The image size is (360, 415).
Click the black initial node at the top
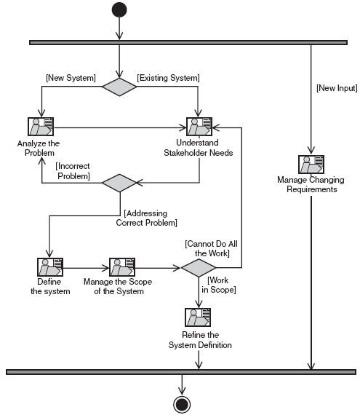[x=119, y=9]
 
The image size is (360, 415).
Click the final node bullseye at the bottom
[x=182, y=404]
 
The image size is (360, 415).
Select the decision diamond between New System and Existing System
[x=119, y=87]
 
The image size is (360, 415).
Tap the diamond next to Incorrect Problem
[x=119, y=183]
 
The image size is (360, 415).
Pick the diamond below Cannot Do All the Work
[x=199, y=268]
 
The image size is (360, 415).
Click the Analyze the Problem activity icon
[x=41, y=127]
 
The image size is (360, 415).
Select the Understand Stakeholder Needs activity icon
[x=199, y=127]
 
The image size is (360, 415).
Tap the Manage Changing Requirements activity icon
[x=311, y=165]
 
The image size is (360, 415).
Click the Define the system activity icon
[x=50, y=267]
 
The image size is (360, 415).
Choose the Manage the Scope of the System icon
[x=122, y=267]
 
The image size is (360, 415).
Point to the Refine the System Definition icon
[x=198, y=317]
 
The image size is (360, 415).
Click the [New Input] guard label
[x=337, y=88]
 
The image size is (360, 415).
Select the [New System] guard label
[x=71, y=78]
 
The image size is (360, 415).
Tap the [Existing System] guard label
[x=168, y=78]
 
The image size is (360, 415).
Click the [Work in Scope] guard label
[x=219, y=285]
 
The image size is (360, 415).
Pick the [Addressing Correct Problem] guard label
[x=146, y=218]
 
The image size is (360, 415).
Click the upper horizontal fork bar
[x=188, y=43]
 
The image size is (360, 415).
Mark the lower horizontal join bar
[x=181, y=372]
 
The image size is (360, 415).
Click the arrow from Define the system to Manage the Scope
[x=86, y=268]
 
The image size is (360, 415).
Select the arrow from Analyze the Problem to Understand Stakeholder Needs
[x=120, y=128]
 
